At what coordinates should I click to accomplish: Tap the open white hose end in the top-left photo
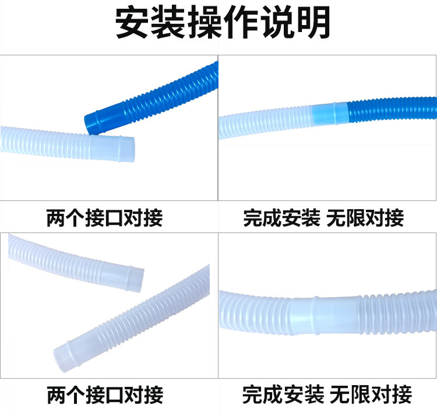pos(132,149)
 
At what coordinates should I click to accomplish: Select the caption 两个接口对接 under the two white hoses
pos(105,394)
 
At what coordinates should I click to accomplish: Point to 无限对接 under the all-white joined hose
pos(371,394)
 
